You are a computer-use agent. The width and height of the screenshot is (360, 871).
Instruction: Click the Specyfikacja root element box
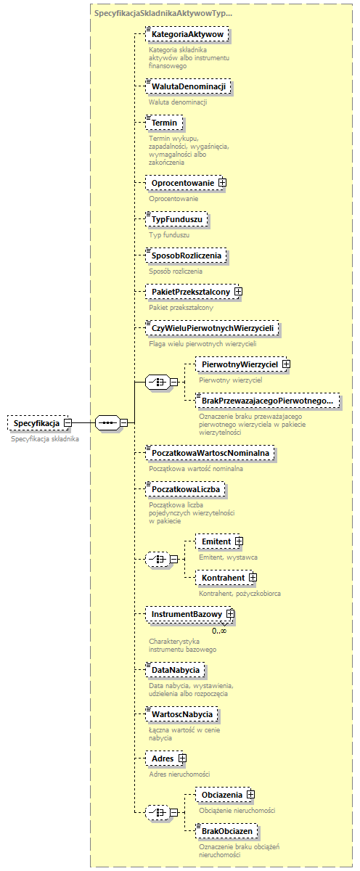coord(36,422)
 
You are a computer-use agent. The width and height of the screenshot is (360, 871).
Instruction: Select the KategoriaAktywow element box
coord(187,34)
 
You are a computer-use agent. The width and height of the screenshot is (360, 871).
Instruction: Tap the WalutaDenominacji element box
coord(187,87)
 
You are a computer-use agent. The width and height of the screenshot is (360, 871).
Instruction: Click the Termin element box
coord(163,123)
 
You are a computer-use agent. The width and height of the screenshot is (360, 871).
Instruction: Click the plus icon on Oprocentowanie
coord(222,182)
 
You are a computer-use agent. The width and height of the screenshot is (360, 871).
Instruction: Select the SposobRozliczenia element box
coord(186,255)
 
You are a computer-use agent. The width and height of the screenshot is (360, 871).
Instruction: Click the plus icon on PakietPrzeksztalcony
coord(237,292)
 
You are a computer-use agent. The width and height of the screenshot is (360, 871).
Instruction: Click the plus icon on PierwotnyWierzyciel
coord(287,364)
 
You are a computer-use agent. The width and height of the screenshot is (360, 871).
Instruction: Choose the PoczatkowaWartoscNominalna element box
coord(210,453)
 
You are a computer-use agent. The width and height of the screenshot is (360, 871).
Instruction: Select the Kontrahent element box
coord(222,578)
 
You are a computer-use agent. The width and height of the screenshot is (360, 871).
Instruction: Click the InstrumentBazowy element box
coord(186,614)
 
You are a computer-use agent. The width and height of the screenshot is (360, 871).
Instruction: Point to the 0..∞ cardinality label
coord(219,631)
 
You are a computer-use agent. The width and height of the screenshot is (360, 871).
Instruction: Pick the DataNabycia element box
coord(174,669)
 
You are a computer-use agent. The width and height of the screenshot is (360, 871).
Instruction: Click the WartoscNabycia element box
coord(181,715)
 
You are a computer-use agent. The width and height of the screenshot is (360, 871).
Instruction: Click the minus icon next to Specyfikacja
coord(67,422)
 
